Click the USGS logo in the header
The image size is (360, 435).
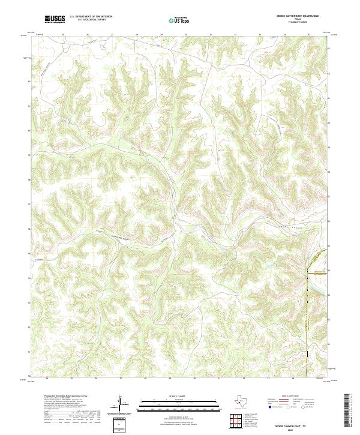pyautogui.click(x=55, y=19)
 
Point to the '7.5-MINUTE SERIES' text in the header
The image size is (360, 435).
pyautogui.click(x=298, y=23)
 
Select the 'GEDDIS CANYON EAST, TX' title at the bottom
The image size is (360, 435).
pyautogui.click(x=298, y=424)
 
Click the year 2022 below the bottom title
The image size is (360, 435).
pyautogui.click(x=298, y=429)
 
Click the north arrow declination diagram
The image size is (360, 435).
pyautogui.click(x=122, y=402)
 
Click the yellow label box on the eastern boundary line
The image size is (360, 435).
pyautogui.click(x=320, y=271)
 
